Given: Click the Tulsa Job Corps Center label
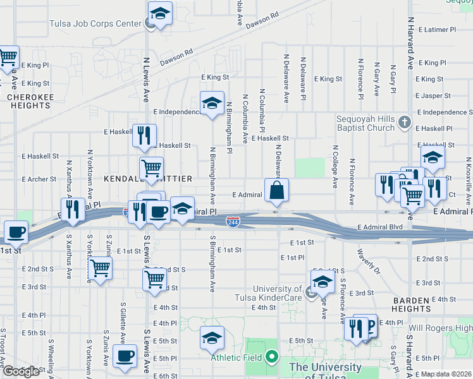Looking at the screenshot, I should pyautogui.click(x=95, y=24).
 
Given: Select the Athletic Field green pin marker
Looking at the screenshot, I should pyautogui.click(x=272, y=358).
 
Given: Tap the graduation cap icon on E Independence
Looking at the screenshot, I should pyautogui.click(x=212, y=102).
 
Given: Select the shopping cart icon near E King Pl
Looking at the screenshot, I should pyautogui.click(x=8, y=57).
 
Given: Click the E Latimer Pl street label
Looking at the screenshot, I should pyautogui.click(x=436, y=30).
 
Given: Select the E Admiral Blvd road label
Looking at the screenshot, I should pyautogui.click(x=379, y=227).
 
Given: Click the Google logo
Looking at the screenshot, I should pyautogui.click(x=20, y=371).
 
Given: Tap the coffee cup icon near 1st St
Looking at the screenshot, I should pyautogui.click(x=16, y=231).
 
